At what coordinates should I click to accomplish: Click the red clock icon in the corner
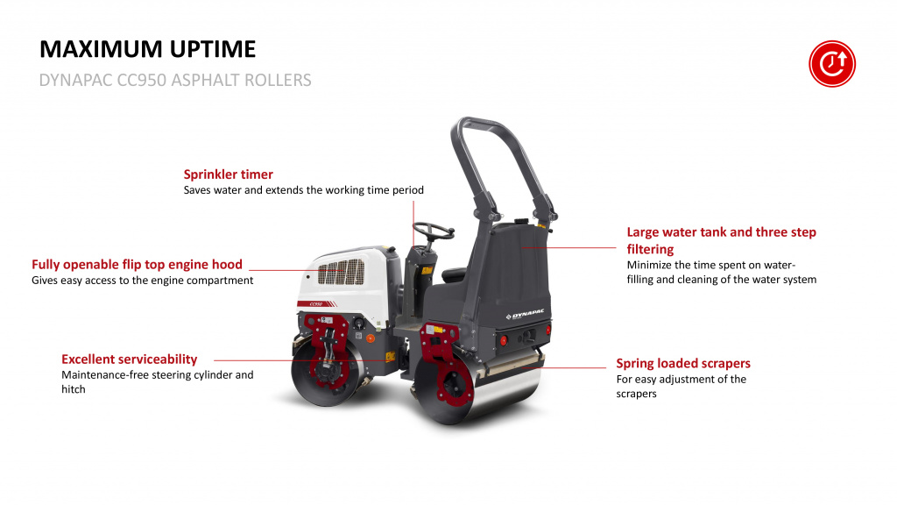click(832, 63)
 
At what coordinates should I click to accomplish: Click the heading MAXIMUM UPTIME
click(147, 49)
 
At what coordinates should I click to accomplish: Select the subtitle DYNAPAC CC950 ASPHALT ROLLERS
click(175, 80)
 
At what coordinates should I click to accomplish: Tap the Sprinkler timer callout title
click(229, 174)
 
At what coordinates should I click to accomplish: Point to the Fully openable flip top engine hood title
click(137, 265)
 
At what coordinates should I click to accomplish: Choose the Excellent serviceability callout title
click(130, 359)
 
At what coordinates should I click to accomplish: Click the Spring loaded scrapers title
click(683, 363)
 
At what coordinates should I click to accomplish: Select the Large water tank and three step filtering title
click(722, 240)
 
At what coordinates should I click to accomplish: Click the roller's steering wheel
click(434, 231)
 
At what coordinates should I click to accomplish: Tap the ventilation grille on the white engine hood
click(341, 272)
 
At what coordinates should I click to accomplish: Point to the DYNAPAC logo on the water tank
click(526, 315)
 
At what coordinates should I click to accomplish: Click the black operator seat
click(455, 274)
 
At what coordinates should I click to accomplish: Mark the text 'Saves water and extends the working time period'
click(304, 190)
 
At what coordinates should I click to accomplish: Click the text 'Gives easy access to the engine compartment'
click(143, 281)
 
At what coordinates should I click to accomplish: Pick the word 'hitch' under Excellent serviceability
click(74, 389)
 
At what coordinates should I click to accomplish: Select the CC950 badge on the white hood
click(316, 304)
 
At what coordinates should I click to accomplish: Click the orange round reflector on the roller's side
click(371, 338)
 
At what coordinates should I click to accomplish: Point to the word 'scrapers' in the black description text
click(636, 394)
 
